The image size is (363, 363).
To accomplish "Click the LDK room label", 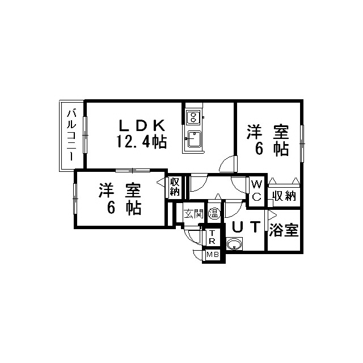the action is point(142,126).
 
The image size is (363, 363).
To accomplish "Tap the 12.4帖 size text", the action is point(141,142).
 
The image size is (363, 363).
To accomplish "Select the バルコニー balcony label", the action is point(71,136).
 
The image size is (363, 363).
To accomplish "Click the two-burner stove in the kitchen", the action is point(193,117).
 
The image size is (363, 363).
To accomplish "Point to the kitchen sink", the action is point(194,139).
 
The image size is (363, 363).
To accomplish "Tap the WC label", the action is point(256,191).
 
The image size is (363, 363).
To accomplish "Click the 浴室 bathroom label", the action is point(284,230).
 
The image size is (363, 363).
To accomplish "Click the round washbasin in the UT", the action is point(234,244).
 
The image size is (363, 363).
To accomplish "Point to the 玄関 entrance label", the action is point(193,214).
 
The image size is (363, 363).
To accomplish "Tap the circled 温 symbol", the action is point(214,213).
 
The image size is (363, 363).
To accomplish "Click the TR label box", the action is point(212,237).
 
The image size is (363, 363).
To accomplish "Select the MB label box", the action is point(213,255).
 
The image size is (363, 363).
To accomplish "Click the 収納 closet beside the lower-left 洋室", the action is point(175,187).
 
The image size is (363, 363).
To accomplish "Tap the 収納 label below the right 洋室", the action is point(284,196).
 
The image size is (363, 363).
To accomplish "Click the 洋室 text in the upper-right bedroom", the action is point(268,132).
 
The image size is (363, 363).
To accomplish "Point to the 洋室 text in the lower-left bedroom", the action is point(120,191).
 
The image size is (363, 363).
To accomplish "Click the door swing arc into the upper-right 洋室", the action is point(227,164).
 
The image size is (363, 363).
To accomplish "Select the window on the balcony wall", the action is point(85,135).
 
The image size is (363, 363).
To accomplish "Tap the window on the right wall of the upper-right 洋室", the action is point(302,143).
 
